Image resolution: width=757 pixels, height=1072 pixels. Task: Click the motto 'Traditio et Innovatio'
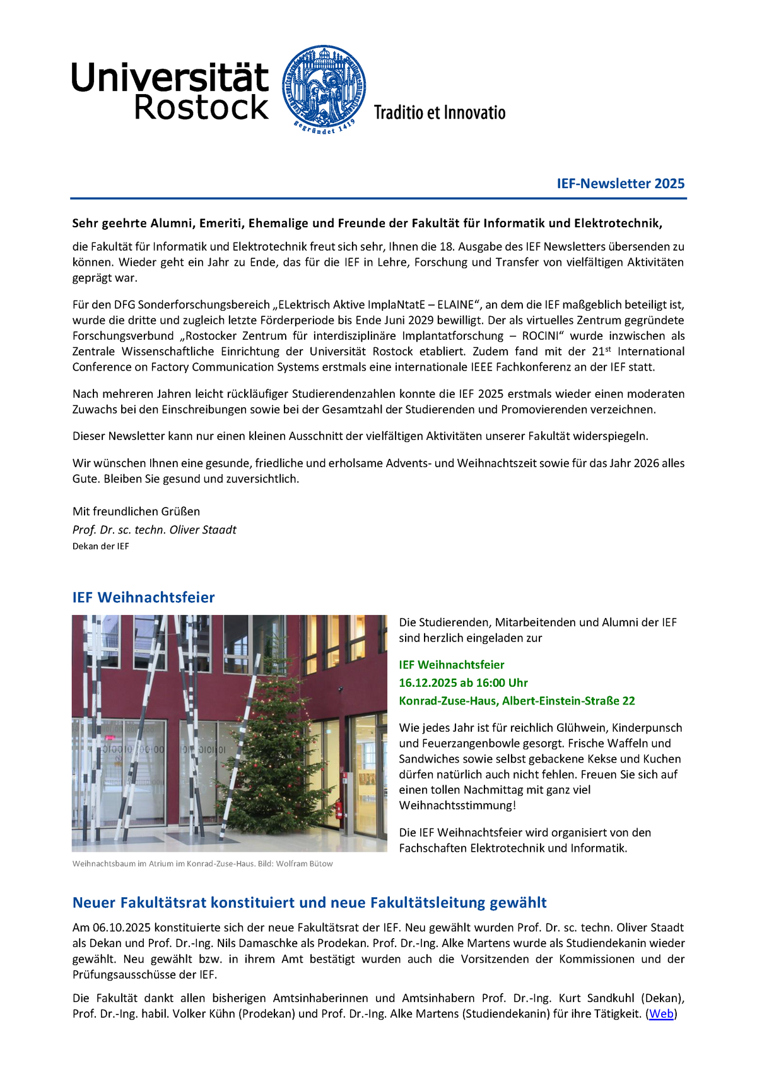[x=439, y=113]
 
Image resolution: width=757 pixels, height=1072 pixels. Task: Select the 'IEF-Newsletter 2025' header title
[x=620, y=184]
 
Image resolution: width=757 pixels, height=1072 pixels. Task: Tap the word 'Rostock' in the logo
[x=202, y=108]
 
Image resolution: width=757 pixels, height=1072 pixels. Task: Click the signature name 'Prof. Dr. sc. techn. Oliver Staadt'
[x=154, y=530]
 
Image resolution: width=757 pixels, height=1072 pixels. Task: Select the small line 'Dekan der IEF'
[x=100, y=546]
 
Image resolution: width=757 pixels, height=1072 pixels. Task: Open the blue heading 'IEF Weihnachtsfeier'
[x=143, y=597]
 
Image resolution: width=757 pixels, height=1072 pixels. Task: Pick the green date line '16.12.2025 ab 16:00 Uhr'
[x=463, y=682]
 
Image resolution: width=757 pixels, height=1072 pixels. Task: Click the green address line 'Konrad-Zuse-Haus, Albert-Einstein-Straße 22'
[x=517, y=701]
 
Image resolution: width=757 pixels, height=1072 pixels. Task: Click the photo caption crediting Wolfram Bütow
[x=202, y=864]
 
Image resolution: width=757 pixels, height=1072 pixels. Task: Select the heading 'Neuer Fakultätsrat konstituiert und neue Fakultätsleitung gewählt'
[x=309, y=902]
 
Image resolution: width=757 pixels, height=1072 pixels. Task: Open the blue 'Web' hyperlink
[x=661, y=1013]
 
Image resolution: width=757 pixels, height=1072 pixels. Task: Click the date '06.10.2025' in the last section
[x=122, y=928]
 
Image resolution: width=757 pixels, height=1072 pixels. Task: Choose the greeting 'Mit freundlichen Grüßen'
[x=136, y=511]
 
